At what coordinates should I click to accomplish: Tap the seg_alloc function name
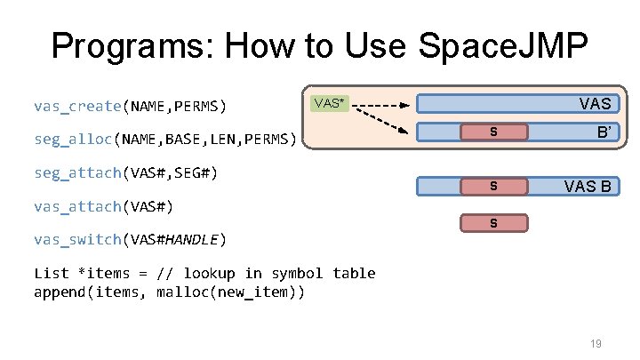[x=72, y=140]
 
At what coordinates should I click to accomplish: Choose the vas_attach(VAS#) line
[x=102, y=206]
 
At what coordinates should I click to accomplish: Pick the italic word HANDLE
[x=194, y=239]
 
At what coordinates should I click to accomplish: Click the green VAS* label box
[x=328, y=103]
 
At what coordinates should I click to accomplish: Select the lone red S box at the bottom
[x=493, y=222]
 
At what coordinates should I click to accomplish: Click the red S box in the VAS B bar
[x=493, y=187]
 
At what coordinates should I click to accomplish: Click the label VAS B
[x=588, y=187]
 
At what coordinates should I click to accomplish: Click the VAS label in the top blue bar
[x=595, y=104]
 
